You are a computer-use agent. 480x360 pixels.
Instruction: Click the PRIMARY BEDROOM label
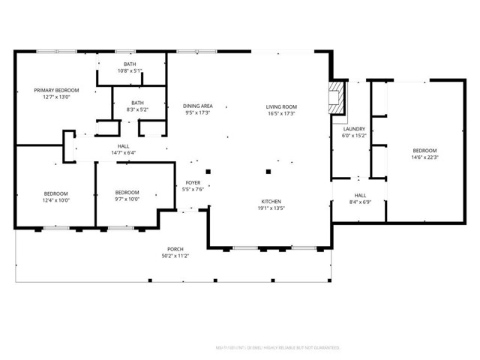[56, 90]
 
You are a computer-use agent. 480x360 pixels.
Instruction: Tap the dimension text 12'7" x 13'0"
[56, 97]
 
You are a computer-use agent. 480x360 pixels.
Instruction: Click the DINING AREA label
[197, 106]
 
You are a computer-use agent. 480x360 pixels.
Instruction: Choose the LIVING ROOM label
[281, 106]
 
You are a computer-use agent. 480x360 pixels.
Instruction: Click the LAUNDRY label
[353, 129]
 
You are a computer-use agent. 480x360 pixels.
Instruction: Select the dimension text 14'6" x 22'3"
[424, 157]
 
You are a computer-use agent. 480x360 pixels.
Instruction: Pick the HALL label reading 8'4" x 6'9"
[360, 196]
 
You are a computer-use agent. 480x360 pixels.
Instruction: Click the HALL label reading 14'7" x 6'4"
[123, 146]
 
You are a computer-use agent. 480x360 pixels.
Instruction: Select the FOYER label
[193, 183]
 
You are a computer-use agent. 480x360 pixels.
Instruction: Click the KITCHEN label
[271, 202]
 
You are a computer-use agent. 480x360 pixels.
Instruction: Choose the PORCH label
[175, 249]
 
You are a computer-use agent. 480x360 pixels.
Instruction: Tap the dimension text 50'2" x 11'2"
[175, 256]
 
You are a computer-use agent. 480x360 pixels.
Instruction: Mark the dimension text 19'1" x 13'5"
[271, 208]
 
